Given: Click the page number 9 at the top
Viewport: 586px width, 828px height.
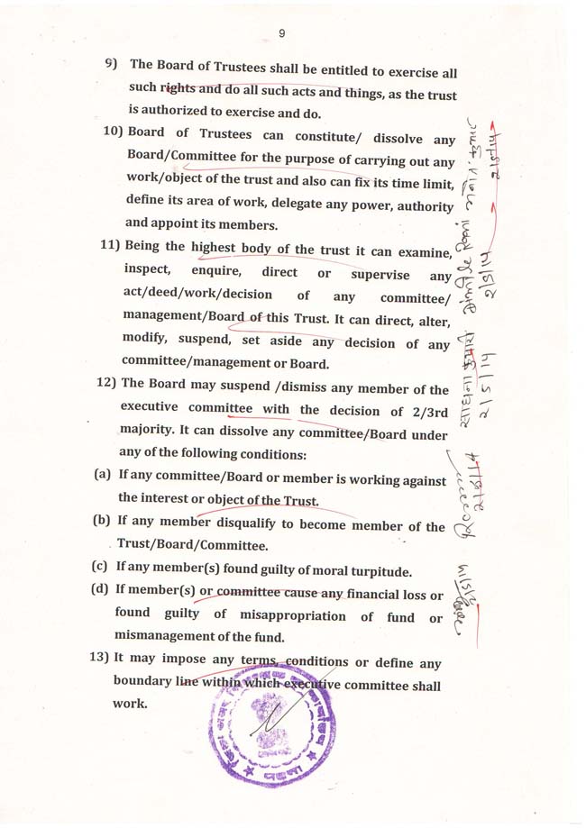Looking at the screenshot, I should pyautogui.click(x=282, y=33).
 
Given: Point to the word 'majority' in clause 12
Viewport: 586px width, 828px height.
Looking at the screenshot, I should pyautogui.click(x=146, y=432).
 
